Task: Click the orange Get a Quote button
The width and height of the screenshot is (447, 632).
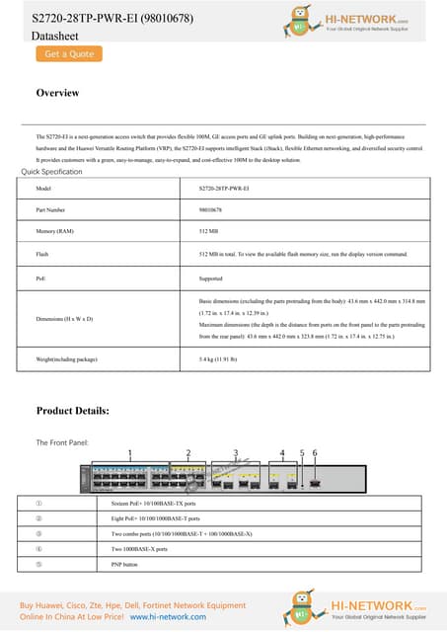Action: [x=68, y=53]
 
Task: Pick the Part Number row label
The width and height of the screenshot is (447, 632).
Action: [x=49, y=210]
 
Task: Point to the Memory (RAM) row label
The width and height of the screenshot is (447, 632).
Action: [x=54, y=231]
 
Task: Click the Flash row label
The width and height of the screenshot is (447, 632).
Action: [x=41, y=254]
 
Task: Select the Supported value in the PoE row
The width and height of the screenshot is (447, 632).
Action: [x=210, y=278]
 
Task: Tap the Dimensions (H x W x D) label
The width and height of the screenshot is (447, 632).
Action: [x=63, y=319]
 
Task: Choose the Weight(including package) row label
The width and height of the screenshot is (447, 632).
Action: [x=66, y=360]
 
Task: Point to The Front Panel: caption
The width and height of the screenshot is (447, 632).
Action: [x=62, y=441]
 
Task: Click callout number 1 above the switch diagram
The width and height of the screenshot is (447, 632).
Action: [x=129, y=453]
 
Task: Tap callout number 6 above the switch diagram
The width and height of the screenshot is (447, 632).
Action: [x=315, y=453]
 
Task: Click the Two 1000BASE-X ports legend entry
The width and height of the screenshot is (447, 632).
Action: [x=139, y=548]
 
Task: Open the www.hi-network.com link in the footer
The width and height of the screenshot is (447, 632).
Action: [x=168, y=616]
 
